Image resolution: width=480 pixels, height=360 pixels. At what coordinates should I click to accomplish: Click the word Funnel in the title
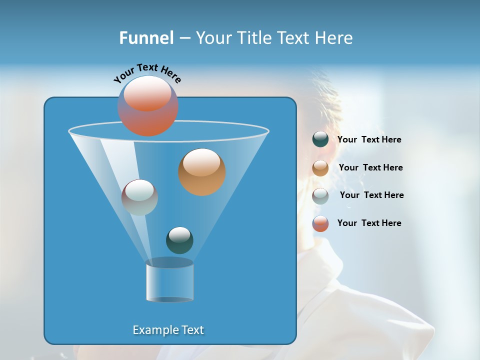click(x=146, y=38)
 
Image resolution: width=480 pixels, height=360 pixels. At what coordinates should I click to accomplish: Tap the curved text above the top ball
click(x=147, y=73)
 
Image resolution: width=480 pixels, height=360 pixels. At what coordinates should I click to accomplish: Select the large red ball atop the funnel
click(x=148, y=106)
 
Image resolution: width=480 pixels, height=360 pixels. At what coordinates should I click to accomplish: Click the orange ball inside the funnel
click(x=202, y=172)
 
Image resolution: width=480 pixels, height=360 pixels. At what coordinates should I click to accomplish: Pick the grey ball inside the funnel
click(x=139, y=197)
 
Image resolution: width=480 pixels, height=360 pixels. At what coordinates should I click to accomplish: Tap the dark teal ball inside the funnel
click(x=179, y=240)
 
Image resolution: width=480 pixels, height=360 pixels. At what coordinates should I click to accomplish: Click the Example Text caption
click(x=168, y=330)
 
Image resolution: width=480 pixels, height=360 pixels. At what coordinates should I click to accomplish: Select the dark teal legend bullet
click(x=320, y=139)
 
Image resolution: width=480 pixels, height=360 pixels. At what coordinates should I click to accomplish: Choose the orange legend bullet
click(x=320, y=168)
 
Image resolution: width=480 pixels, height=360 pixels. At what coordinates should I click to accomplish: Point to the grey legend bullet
click(x=320, y=196)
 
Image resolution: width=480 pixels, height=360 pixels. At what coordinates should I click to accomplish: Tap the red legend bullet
click(x=320, y=223)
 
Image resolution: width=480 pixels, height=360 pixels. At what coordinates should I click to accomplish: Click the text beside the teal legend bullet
click(x=369, y=140)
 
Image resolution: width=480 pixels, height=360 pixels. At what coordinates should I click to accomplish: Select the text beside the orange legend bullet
click(x=370, y=168)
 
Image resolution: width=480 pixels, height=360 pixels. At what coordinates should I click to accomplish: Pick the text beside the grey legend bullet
click(x=371, y=195)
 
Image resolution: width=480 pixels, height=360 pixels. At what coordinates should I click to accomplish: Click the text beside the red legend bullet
click(x=369, y=223)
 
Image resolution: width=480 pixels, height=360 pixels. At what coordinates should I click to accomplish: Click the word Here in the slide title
click(x=335, y=38)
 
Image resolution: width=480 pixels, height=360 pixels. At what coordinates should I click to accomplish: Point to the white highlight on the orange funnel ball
click(x=201, y=162)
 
